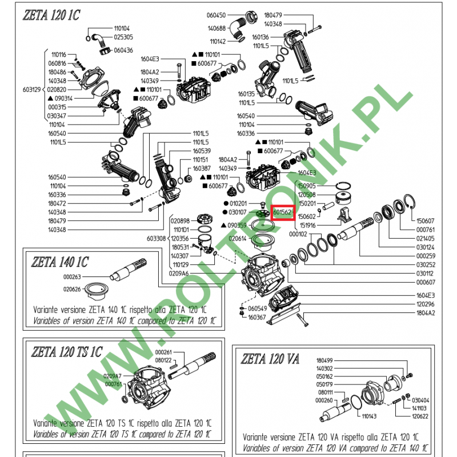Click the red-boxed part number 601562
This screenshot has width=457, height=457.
click(283, 212)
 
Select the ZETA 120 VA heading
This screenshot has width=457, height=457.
click(270, 359)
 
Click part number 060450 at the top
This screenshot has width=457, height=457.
click(217, 15)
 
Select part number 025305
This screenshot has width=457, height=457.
click(123, 37)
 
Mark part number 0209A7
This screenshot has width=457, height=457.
click(113, 376)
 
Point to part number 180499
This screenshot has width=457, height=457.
click(324, 360)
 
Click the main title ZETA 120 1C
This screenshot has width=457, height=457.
click(52, 17)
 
